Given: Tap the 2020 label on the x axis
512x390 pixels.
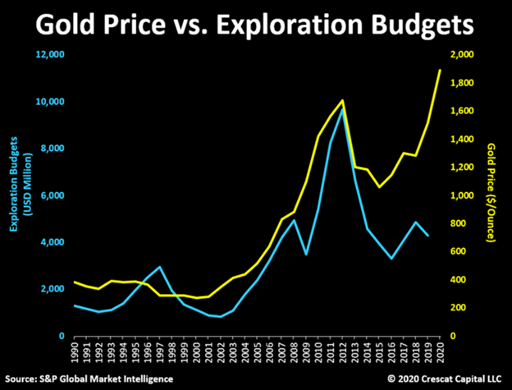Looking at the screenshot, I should (441, 355).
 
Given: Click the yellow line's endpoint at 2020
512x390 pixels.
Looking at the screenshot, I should (440, 70).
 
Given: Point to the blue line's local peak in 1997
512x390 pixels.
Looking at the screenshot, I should (160, 267).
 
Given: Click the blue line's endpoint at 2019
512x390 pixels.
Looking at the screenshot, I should (427, 236).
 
